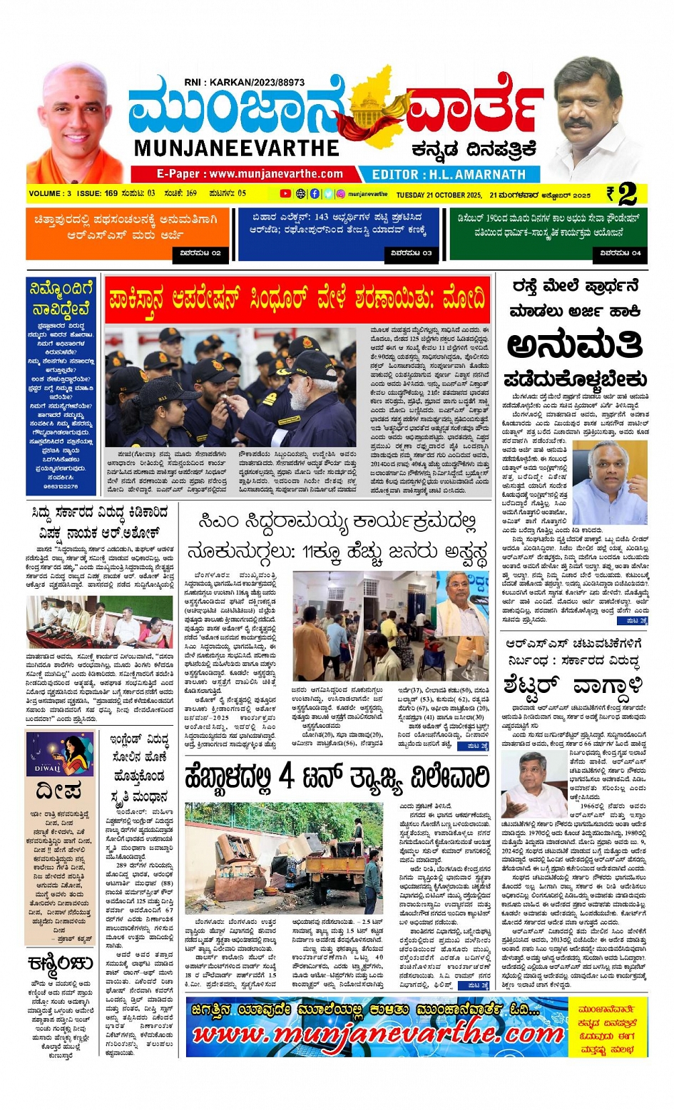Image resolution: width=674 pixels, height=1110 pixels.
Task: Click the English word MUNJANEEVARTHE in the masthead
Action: (236, 148)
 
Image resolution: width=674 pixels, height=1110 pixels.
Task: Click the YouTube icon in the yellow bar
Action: (285, 194)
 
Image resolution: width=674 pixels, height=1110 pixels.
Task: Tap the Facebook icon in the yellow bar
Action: (315, 194)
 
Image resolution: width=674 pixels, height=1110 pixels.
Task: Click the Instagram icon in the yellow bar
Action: (341, 194)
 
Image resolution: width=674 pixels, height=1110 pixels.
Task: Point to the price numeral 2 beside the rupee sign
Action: (628, 194)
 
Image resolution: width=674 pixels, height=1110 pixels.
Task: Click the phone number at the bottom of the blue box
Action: (60, 486)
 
